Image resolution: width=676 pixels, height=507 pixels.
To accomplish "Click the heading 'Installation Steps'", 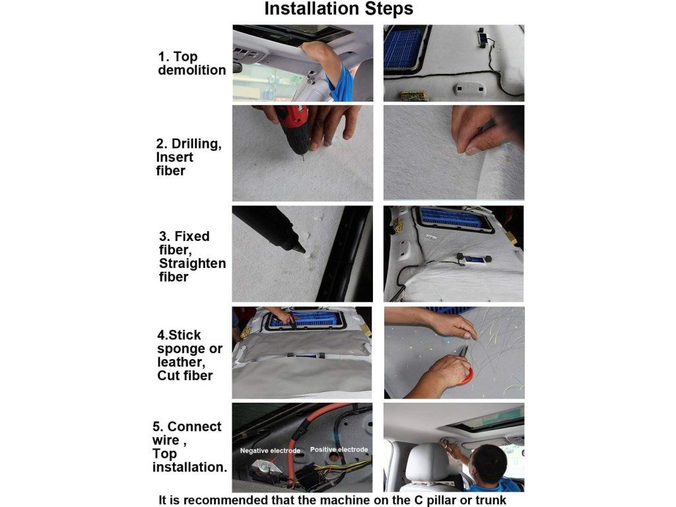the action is [x=339, y=9].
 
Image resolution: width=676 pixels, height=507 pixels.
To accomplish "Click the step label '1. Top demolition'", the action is [x=192, y=63].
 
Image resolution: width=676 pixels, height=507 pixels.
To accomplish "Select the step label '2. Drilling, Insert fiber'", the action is [x=189, y=157].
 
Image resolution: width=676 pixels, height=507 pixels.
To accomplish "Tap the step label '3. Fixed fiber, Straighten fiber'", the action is [x=192, y=257].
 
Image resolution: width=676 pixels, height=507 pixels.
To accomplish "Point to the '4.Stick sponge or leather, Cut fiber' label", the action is [x=189, y=355].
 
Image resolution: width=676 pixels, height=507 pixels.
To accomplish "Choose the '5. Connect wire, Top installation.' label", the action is [x=189, y=447].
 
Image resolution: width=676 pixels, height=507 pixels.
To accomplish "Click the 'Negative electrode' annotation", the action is [x=270, y=450].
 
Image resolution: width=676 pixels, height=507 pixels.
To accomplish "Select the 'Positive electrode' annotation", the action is [x=339, y=449].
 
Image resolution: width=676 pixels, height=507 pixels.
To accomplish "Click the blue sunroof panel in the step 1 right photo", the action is [x=402, y=48].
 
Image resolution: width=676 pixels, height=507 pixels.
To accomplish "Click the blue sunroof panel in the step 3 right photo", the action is [x=451, y=218].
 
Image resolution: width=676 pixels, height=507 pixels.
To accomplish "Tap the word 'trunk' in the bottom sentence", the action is [x=491, y=500].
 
